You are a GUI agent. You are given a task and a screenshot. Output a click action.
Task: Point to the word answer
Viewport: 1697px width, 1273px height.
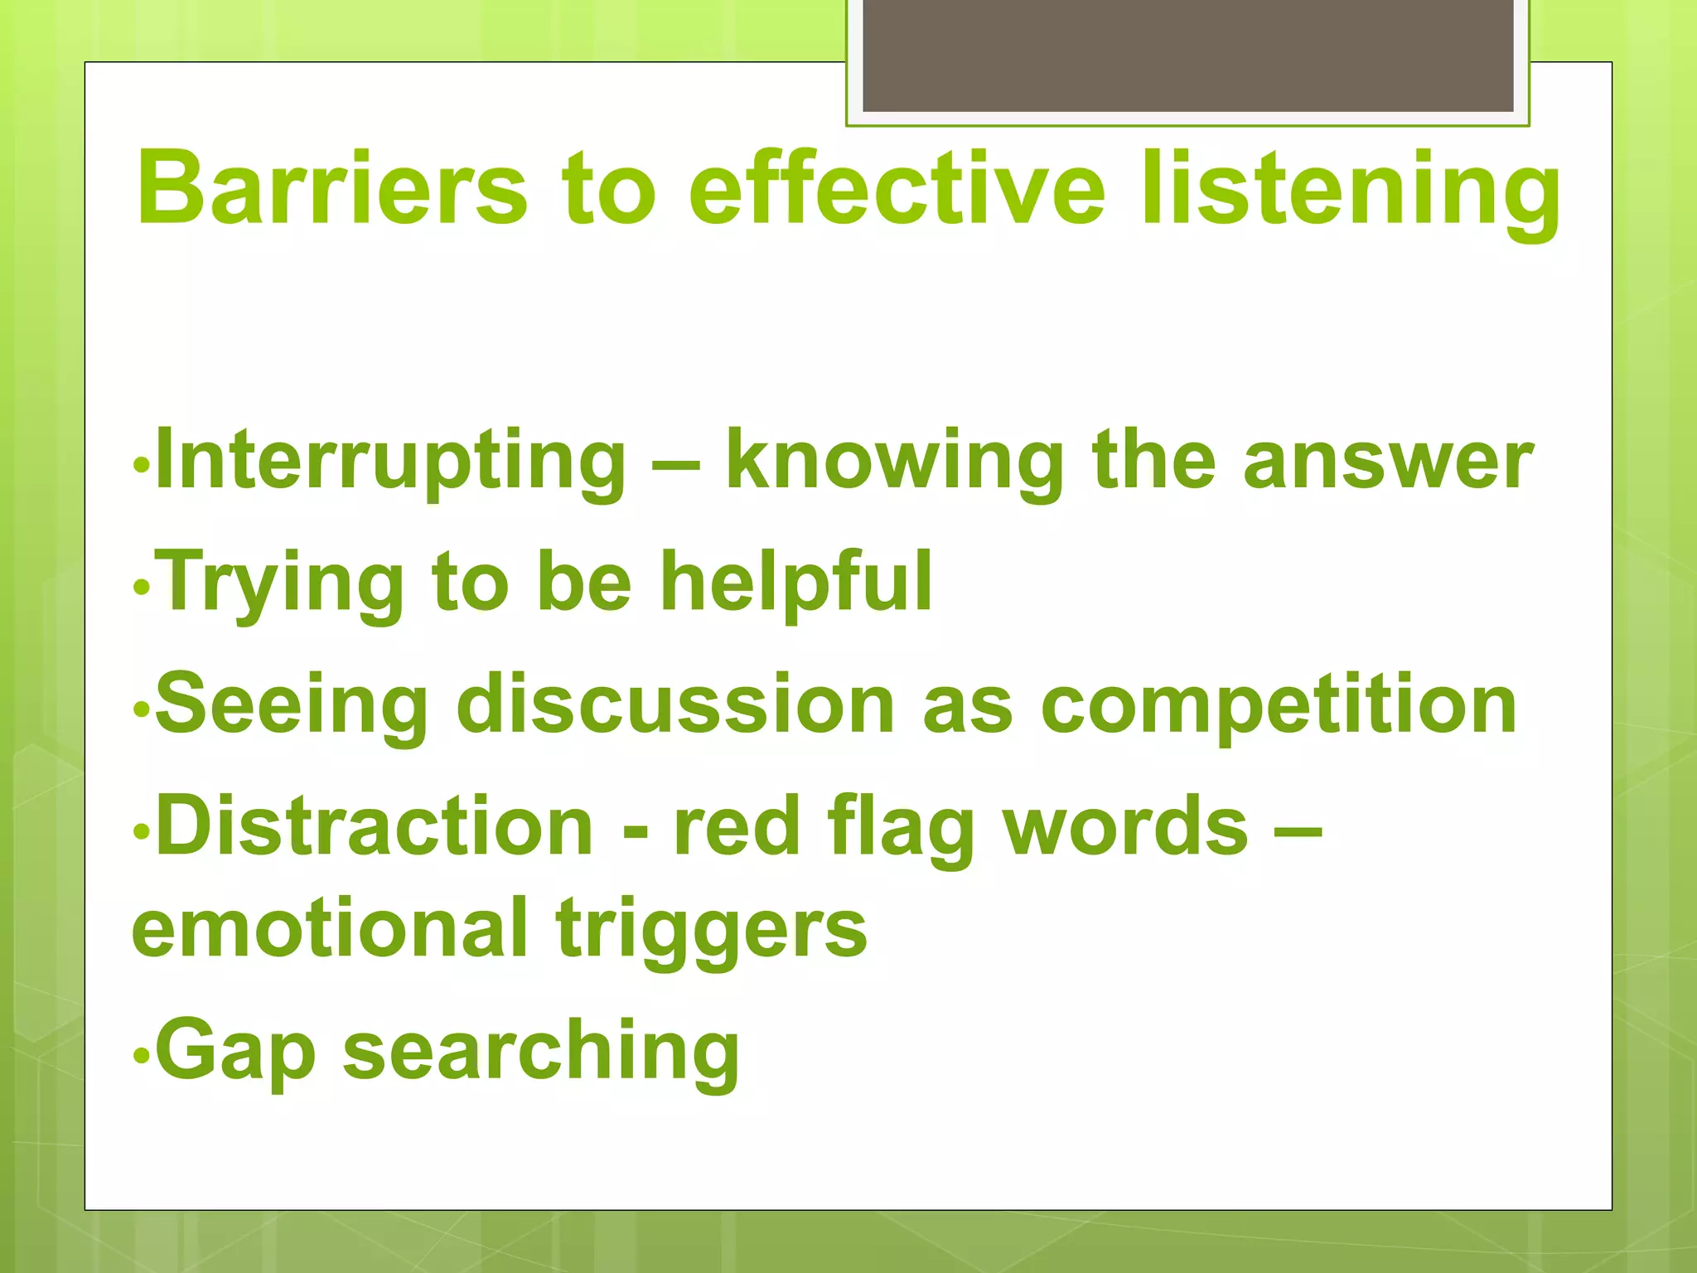(x=1388, y=462)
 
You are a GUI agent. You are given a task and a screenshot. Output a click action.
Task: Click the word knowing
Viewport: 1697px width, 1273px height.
(x=895, y=462)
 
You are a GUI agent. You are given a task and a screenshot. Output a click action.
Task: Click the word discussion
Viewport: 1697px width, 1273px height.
(x=675, y=705)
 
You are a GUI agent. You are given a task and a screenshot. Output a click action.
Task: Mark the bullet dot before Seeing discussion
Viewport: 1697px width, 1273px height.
(x=142, y=709)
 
